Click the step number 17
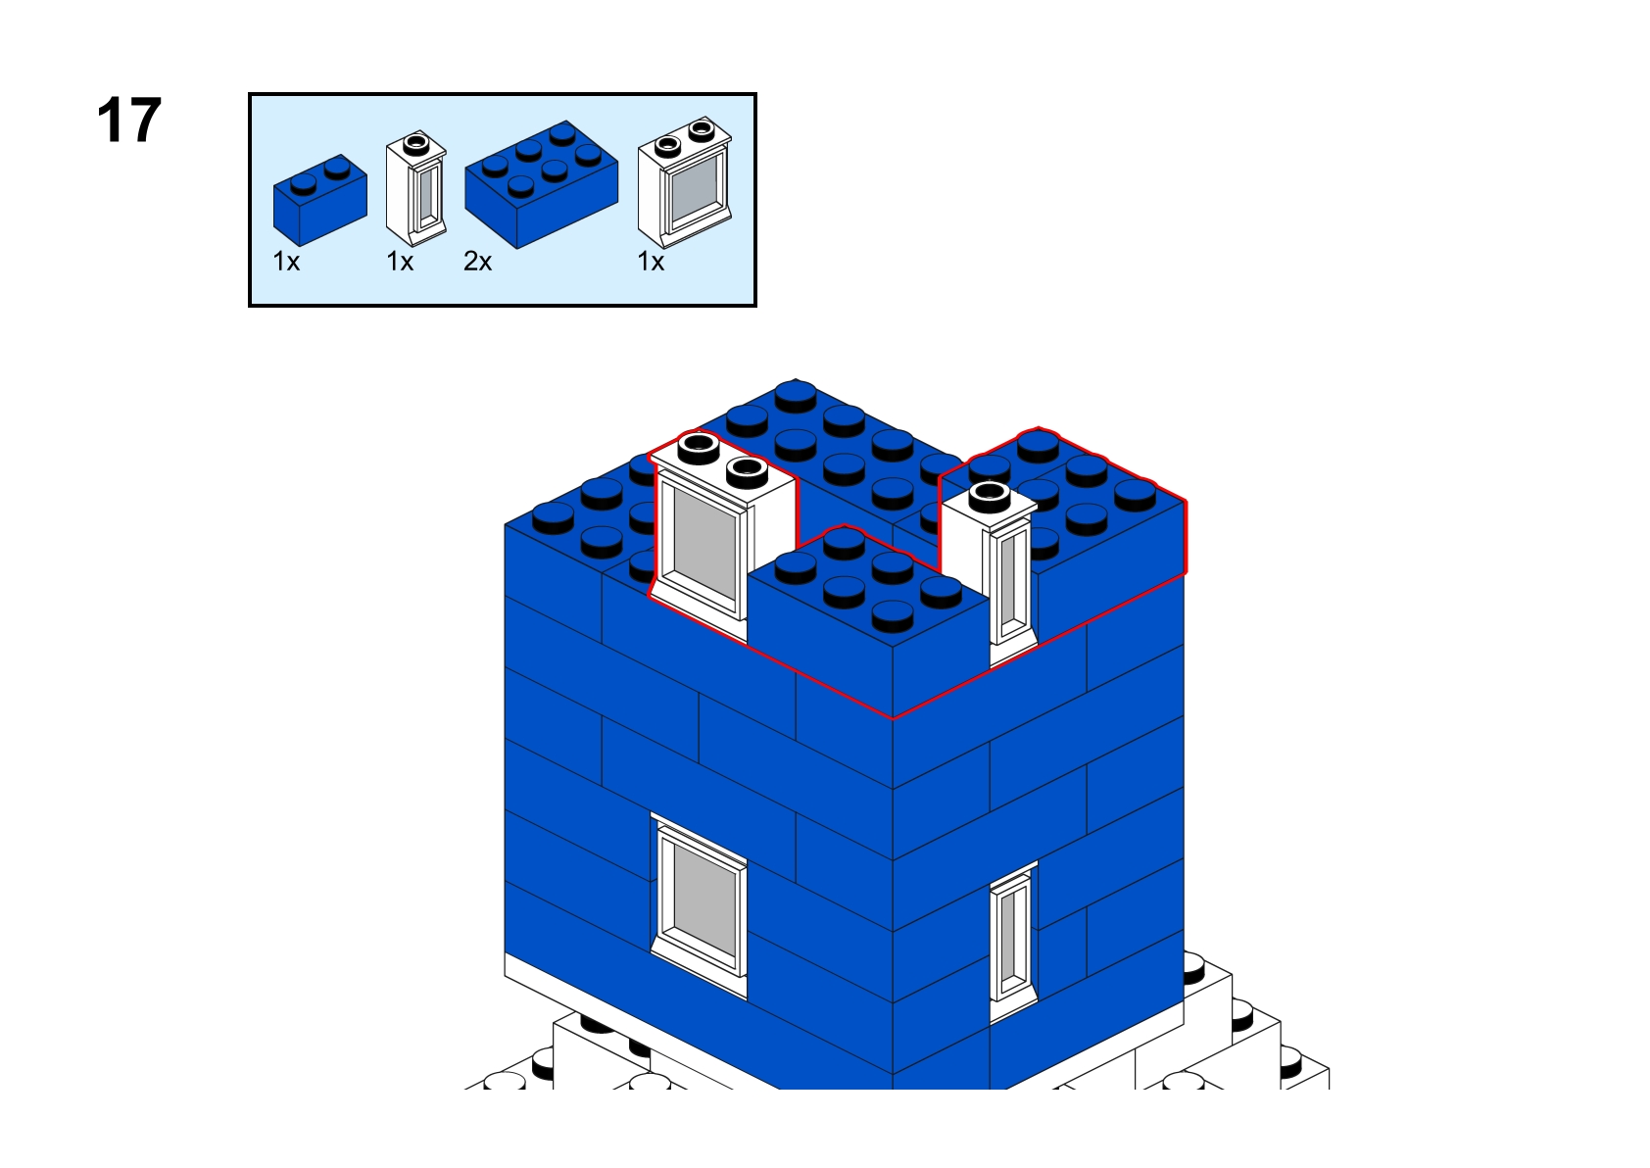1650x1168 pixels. (x=129, y=120)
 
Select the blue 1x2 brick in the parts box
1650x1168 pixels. (x=319, y=200)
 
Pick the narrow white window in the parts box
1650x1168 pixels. (x=416, y=188)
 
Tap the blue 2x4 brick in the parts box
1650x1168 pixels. (x=542, y=184)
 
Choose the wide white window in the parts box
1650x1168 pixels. (x=684, y=182)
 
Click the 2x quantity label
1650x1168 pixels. (x=477, y=262)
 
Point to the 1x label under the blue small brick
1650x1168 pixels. (x=286, y=262)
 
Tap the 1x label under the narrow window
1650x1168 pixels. (x=400, y=262)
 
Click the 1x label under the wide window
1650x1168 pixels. (x=651, y=262)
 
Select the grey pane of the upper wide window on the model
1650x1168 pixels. (x=704, y=544)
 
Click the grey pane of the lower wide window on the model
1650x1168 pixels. (x=704, y=900)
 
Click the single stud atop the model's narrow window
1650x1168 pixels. (x=989, y=497)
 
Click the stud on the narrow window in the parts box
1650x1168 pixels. (x=416, y=143)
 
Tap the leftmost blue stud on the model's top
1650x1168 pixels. (x=553, y=517)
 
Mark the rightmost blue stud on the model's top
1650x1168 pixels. (x=1136, y=494)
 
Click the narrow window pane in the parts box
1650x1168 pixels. (x=428, y=197)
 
